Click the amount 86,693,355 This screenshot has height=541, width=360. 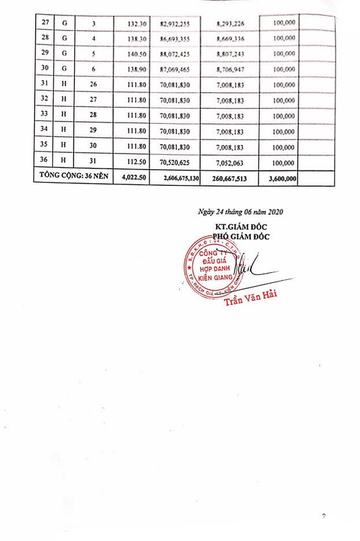(179, 38)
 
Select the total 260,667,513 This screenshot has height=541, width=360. (230, 179)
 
